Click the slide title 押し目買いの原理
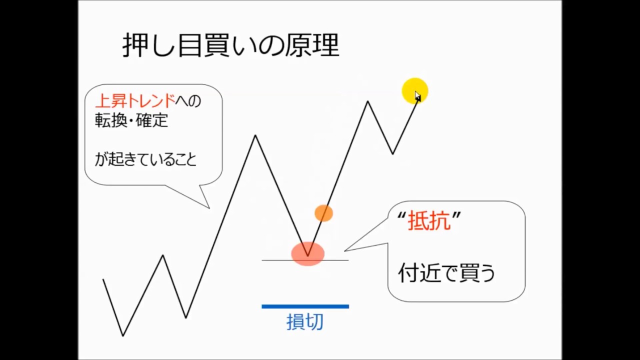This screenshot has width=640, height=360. [x=230, y=46]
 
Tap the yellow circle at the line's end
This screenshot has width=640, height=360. [x=414, y=90]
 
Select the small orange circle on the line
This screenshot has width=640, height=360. [x=323, y=213]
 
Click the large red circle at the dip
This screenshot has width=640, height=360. [x=308, y=253]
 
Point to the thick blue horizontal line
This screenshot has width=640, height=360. [x=305, y=306]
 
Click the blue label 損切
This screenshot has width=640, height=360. [x=305, y=322]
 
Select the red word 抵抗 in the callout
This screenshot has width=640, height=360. [x=429, y=221]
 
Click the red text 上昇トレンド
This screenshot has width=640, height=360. [x=135, y=101]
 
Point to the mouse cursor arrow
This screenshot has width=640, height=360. [x=417, y=95]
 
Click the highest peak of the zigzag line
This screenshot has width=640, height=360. [x=367, y=101]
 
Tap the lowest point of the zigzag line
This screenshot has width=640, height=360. [x=123, y=335]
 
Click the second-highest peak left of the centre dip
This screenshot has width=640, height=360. [x=255, y=135]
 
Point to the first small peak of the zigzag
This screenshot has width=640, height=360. [x=163, y=255]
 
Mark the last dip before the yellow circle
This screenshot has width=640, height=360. [x=392, y=153]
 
